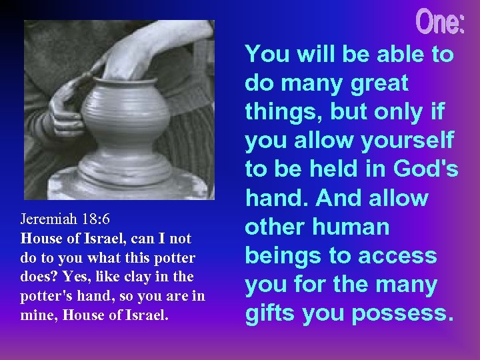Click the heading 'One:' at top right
[441, 23]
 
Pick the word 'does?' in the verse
[37, 277]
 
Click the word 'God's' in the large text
[425, 169]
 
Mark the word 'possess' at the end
[407, 313]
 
